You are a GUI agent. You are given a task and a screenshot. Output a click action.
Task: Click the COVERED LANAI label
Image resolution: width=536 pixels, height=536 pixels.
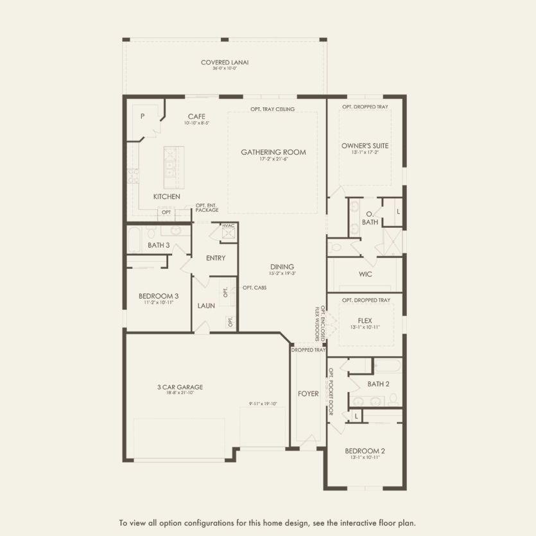[225, 62]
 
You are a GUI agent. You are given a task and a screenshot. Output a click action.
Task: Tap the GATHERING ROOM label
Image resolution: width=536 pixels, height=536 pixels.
[273, 152]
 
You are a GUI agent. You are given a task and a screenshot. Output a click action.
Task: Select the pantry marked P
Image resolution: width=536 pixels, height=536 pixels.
[143, 116]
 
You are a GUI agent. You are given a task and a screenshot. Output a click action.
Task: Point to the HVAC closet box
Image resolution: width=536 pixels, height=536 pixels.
[229, 232]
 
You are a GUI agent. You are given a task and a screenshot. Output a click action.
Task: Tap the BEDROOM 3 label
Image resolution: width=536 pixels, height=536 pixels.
[158, 296]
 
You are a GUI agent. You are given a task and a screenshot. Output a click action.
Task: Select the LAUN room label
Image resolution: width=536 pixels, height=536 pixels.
[206, 306]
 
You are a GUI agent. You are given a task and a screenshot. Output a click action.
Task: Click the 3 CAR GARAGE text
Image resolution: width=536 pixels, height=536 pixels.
[180, 387]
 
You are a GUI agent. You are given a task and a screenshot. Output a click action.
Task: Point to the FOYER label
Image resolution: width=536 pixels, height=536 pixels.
[308, 393]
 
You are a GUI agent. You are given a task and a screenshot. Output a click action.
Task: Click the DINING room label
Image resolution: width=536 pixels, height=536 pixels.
[282, 267]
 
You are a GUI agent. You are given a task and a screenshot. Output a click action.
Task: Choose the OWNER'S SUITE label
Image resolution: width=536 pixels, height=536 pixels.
[365, 146]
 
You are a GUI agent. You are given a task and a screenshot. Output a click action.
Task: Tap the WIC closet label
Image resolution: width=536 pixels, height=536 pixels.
[365, 274]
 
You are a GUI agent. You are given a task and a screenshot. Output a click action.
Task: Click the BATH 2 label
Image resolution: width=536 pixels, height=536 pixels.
[378, 384]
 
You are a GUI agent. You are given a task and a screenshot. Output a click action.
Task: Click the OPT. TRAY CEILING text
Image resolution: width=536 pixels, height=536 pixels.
[272, 109]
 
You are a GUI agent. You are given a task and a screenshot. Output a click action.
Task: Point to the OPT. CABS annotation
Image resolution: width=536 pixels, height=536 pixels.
[254, 287]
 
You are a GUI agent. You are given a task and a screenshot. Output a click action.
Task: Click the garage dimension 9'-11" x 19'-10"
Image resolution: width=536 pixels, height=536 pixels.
[263, 404]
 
